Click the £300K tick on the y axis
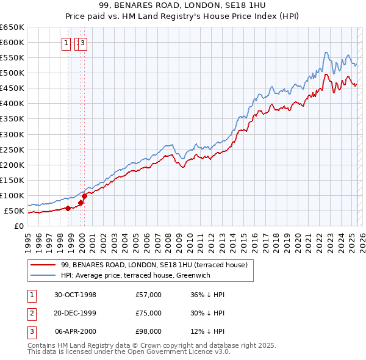(x=12, y=134)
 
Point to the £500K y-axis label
(x=12, y=73)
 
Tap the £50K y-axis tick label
(x=13, y=211)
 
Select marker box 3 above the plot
(x=83, y=43)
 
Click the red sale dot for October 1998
(x=68, y=208)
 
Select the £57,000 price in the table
(x=148, y=294)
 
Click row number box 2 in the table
(x=31, y=313)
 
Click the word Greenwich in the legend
(x=210, y=275)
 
